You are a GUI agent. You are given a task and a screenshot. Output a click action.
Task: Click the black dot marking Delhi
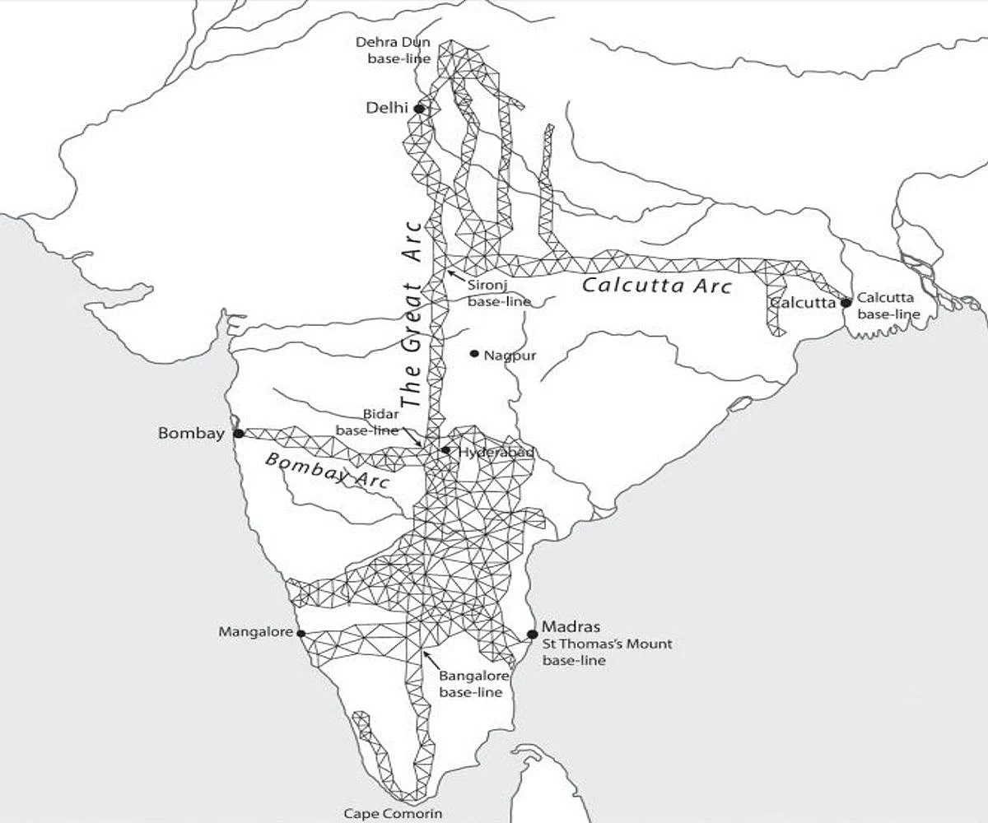coord(419,109)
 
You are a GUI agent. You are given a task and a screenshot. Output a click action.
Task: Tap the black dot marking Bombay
coord(239,433)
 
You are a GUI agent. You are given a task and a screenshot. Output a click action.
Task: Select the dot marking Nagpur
coord(474,354)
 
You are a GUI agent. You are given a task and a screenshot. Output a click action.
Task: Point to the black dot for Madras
coord(533,634)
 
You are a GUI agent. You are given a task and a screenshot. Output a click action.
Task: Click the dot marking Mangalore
coord(301,634)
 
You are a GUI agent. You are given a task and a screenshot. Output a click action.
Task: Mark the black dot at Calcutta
coord(846,303)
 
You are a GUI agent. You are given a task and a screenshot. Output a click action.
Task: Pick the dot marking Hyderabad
coord(445,450)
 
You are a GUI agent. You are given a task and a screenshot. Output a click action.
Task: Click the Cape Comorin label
coord(393,813)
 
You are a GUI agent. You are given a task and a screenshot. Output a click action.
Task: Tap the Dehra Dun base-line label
coord(392,49)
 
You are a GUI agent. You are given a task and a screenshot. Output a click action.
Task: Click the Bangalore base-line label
coord(471,684)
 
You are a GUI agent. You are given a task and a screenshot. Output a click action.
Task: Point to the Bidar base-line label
coord(367,423)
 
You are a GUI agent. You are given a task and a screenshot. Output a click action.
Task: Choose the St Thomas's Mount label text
coord(607,644)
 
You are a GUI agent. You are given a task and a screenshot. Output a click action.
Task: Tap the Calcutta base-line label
coord(888,305)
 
